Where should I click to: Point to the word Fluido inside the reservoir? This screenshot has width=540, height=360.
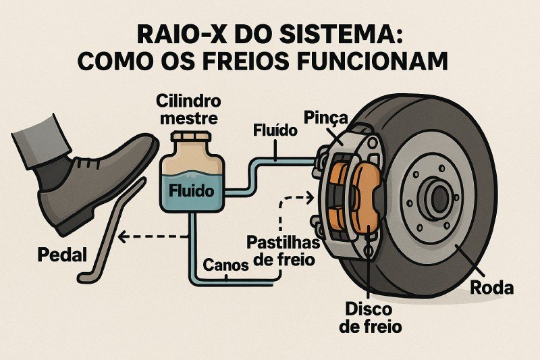pyautogui.click(x=192, y=190)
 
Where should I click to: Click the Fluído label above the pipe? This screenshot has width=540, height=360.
pyautogui.click(x=273, y=130)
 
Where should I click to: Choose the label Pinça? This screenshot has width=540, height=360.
pyautogui.click(x=325, y=118)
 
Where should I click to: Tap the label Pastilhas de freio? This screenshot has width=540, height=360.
pyautogui.click(x=281, y=250)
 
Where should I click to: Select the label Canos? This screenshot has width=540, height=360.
pyautogui.click(x=225, y=266)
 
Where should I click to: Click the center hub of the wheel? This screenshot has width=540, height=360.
pyautogui.click(x=439, y=198)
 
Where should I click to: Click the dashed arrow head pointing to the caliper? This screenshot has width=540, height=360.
pyautogui.click(x=310, y=198)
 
